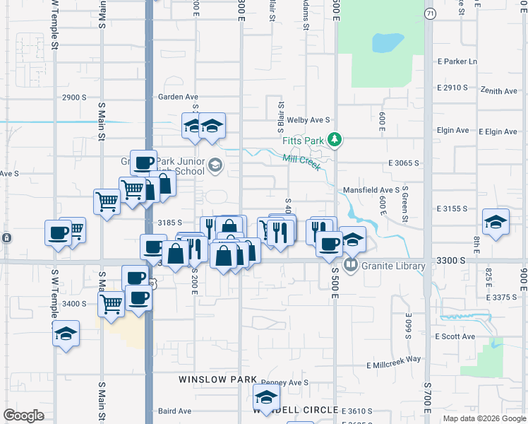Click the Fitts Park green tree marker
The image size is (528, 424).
(x=335, y=140)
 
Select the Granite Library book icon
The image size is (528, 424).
(x=350, y=265)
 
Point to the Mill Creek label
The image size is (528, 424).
(x=301, y=163)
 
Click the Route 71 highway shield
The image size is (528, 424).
(x=429, y=13)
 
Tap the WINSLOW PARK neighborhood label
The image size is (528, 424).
(x=217, y=379)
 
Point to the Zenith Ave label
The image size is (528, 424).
(x=499, y=91)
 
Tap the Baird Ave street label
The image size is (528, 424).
(x=174, y=411)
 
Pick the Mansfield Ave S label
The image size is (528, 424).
(x=371, y=190)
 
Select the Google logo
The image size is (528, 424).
(x=23, y=416)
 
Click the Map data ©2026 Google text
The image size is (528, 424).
(x=484, y=418)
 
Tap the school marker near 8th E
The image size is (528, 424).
(x=496, y=222)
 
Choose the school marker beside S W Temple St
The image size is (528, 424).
(x=66, y=333)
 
